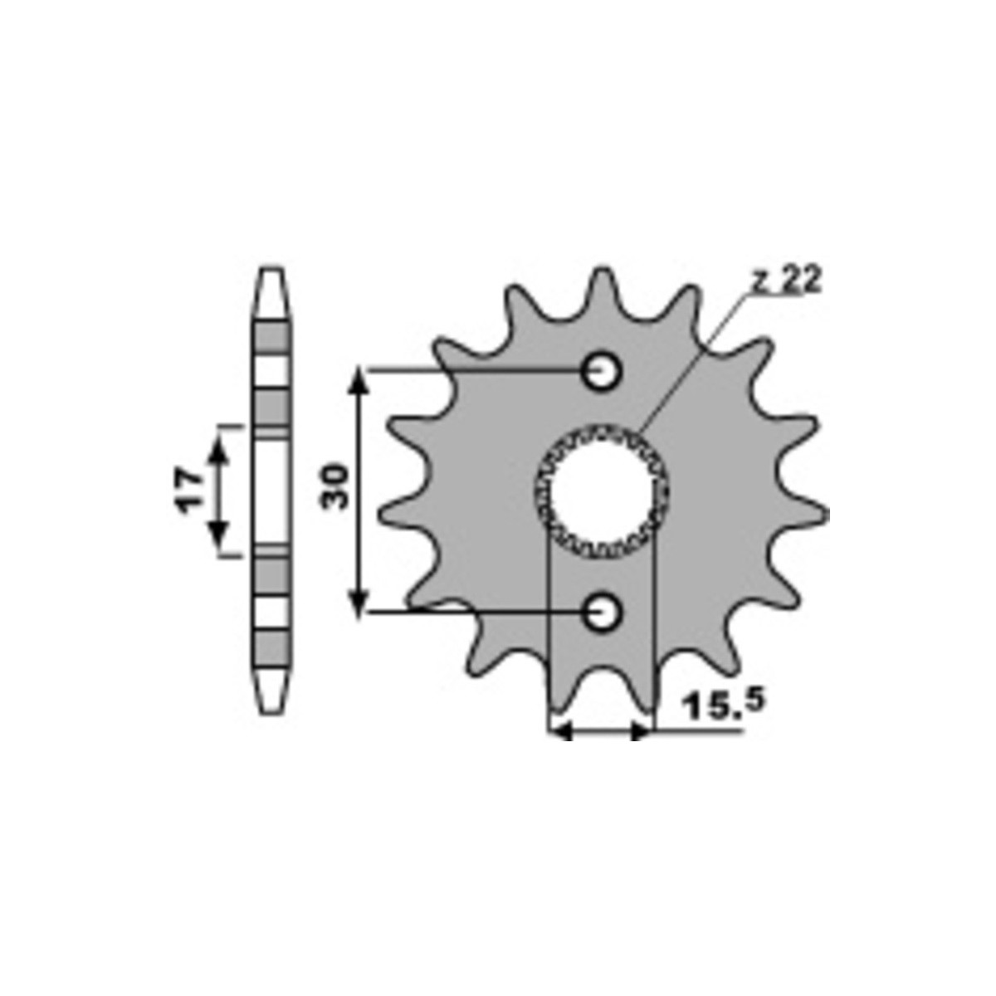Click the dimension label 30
[x=335, y=486]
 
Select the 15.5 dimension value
[x=722, y=705]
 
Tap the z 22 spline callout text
[x=786, y=281]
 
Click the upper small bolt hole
[x=601, y=370]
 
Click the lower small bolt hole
[x=602, y=612]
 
